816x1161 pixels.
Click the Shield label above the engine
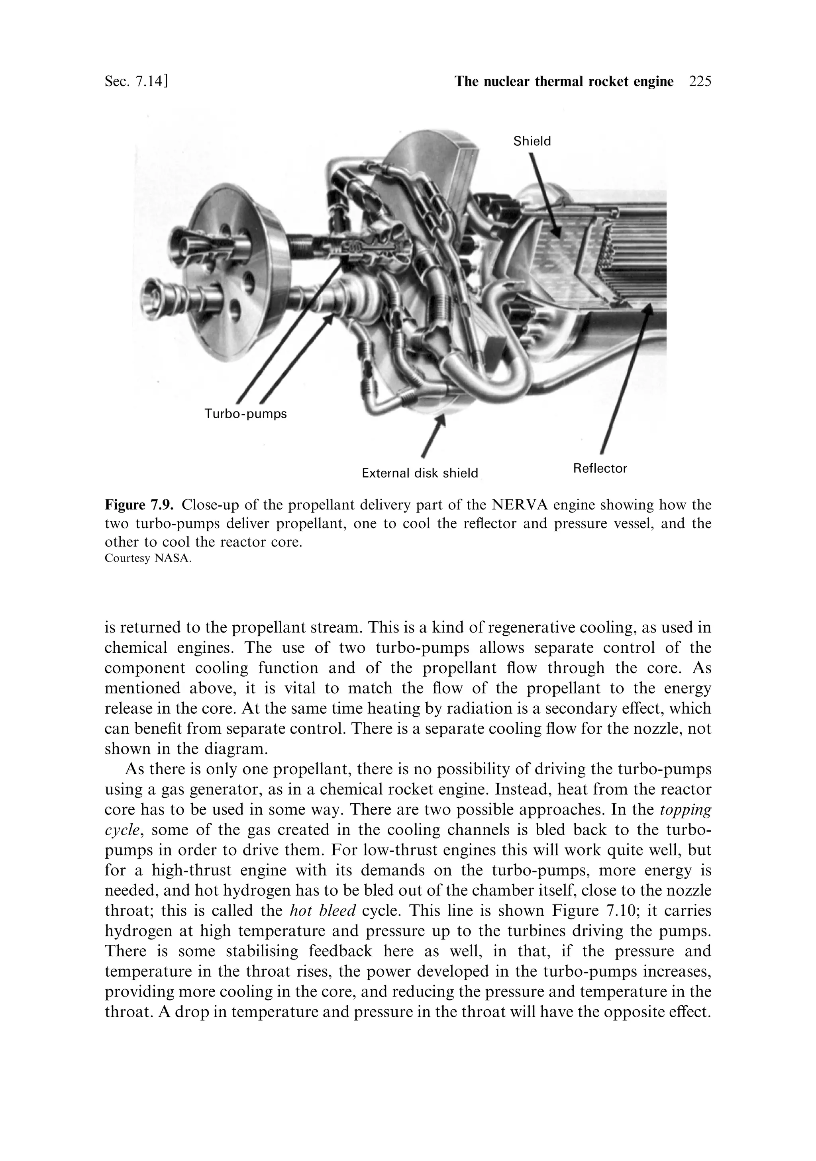(532, 141)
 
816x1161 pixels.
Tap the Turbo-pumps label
(245, 414)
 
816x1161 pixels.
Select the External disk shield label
(420, 473)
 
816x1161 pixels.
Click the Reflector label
(600, 468)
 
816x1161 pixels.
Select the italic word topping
(685, 810)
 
